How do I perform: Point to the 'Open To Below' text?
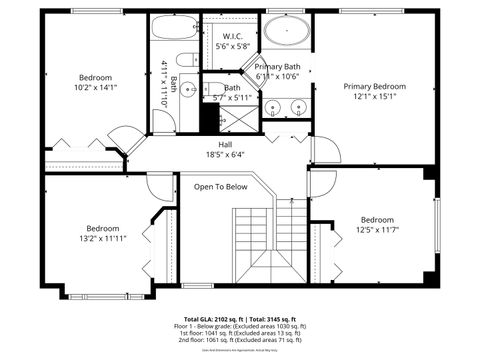click(220, 187)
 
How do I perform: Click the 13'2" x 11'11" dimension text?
click(102, 239)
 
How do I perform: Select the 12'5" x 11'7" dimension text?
click(377, 231)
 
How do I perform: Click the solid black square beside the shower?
click(209, 117)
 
